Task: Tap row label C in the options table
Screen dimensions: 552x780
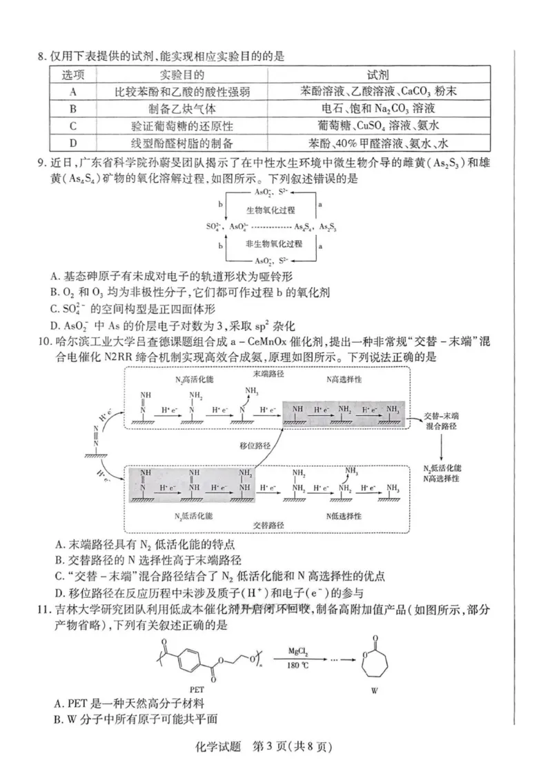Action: tap(72, 126)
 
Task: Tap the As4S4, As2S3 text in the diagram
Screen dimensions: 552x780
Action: tap(315, 227)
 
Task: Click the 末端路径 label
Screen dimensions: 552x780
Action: tap(269, 373)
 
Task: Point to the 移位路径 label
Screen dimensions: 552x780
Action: tap(253, 446)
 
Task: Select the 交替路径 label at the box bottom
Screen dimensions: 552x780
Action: tap(270, 524)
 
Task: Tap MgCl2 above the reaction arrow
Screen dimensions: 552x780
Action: tap(303, 650)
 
